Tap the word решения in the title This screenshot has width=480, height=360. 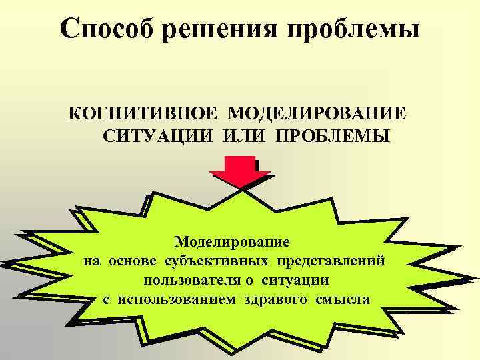[x=225, y=29]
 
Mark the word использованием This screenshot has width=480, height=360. [x=177, y=298]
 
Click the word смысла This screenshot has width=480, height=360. [x=343, y=298]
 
